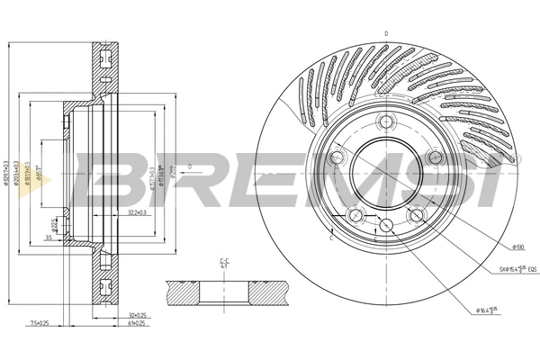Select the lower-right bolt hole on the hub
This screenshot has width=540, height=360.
pos(417,215)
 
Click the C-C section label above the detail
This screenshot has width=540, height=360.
pos(222,265)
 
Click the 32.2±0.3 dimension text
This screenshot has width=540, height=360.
pos(138,212)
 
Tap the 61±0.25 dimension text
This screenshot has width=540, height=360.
pos(138,325)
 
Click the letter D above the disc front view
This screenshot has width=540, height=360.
pos(385,34)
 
